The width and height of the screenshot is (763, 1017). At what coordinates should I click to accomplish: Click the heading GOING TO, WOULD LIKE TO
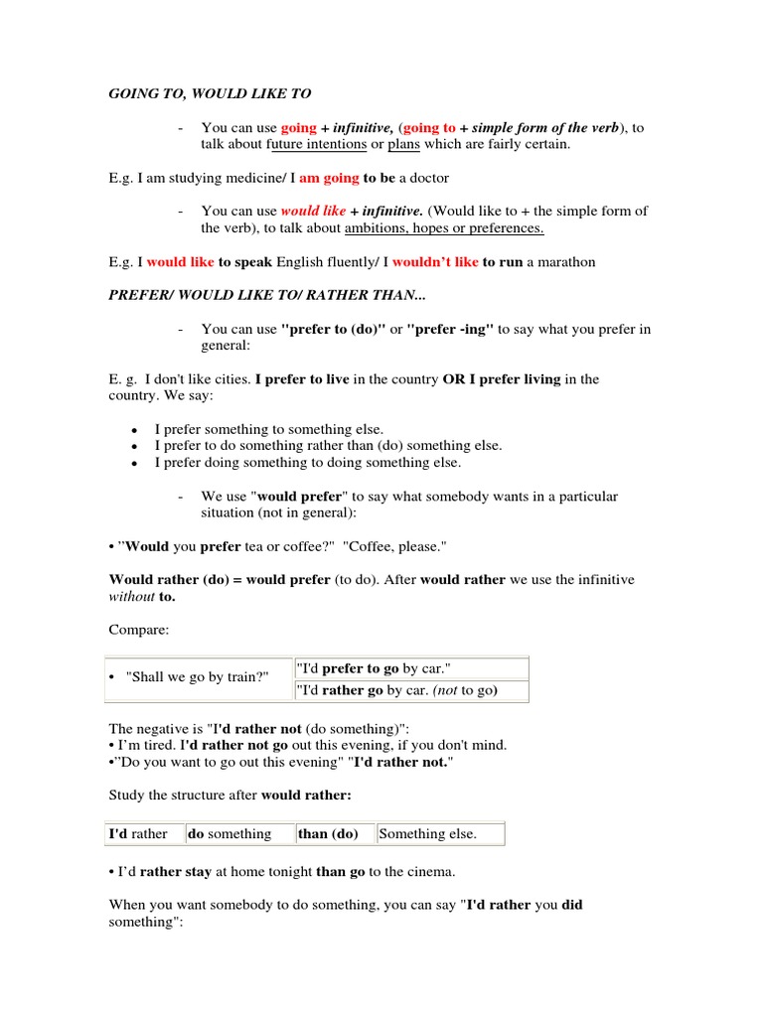point(210,93)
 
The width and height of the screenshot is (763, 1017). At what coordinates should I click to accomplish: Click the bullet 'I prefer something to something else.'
point(269,429)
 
